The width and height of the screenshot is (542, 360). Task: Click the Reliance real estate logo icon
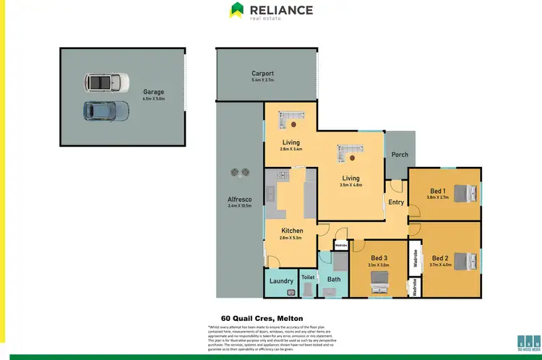pos(237,10)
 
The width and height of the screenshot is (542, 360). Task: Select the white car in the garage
pos(106,82)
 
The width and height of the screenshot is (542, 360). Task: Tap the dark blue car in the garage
pos(106,111)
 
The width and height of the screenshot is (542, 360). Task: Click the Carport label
pos(262,73)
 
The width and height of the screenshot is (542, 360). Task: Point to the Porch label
pos(400,155)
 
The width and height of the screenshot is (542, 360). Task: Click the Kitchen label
pos(292,231)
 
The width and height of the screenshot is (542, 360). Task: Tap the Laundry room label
pos(280,280)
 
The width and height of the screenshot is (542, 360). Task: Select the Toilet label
pos(308,277)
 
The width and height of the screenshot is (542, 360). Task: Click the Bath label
pos(333,279)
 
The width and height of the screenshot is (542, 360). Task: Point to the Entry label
pos(396,202)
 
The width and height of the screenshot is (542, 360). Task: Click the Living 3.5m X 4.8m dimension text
pos(350,185)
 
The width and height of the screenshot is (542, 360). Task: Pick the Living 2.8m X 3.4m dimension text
pos(291,150)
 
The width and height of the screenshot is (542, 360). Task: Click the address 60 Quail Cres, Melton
pos(261,318)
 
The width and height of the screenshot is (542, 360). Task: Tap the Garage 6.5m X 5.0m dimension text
pos(153,99)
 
